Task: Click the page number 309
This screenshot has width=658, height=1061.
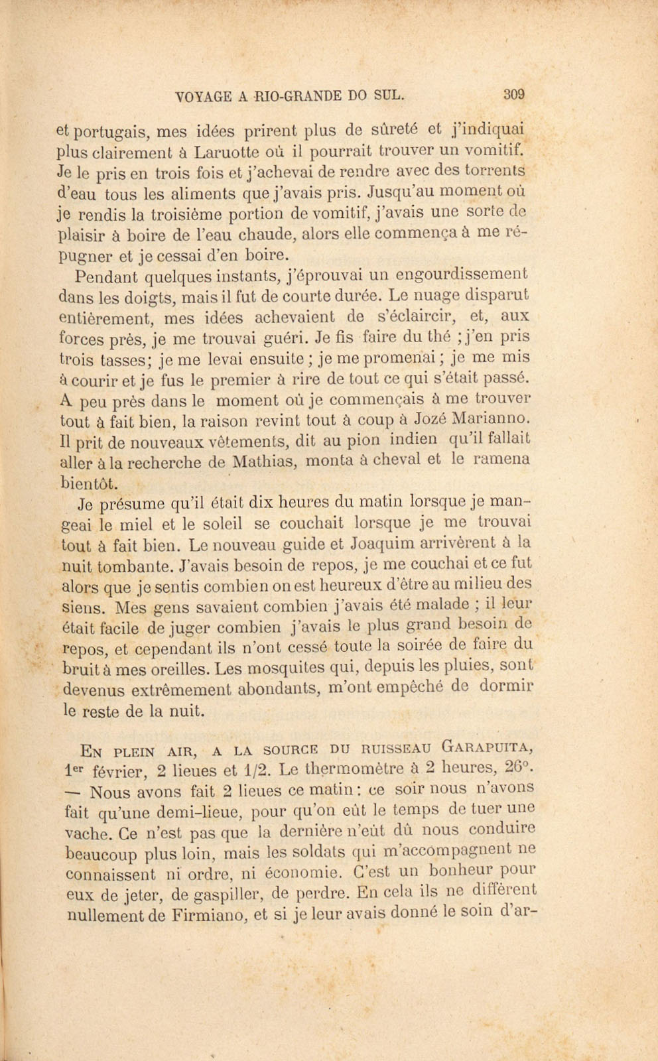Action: click(x=514, y=94)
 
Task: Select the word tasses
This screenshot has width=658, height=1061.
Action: click(x=117, y=359)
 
